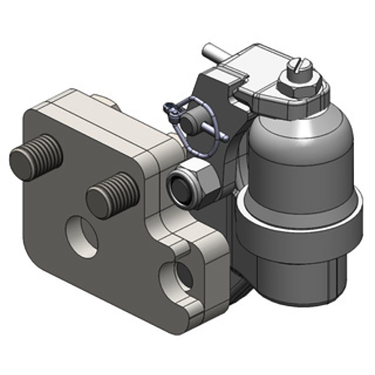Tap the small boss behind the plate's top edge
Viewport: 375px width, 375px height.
[x=105, y=101]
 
